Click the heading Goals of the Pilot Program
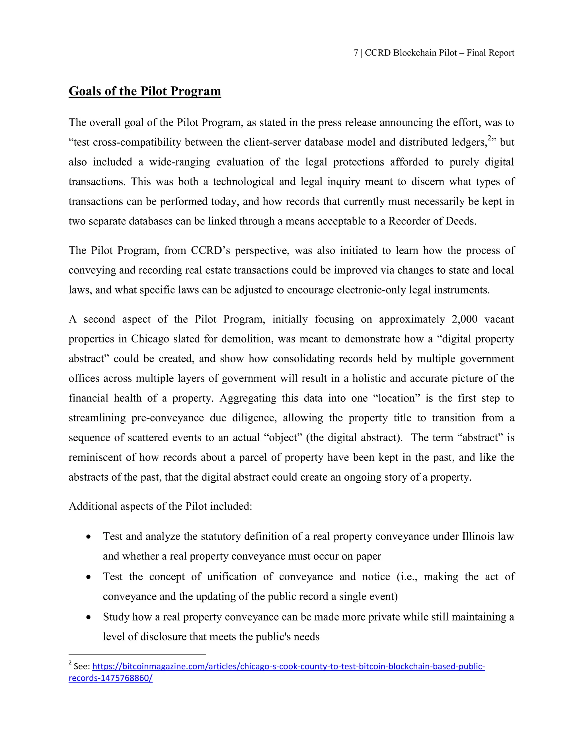[145, 91]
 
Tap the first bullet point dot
[89, 537]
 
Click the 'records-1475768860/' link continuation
[110, 678]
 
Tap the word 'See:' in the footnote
[82, 666]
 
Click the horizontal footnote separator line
[137, 654]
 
